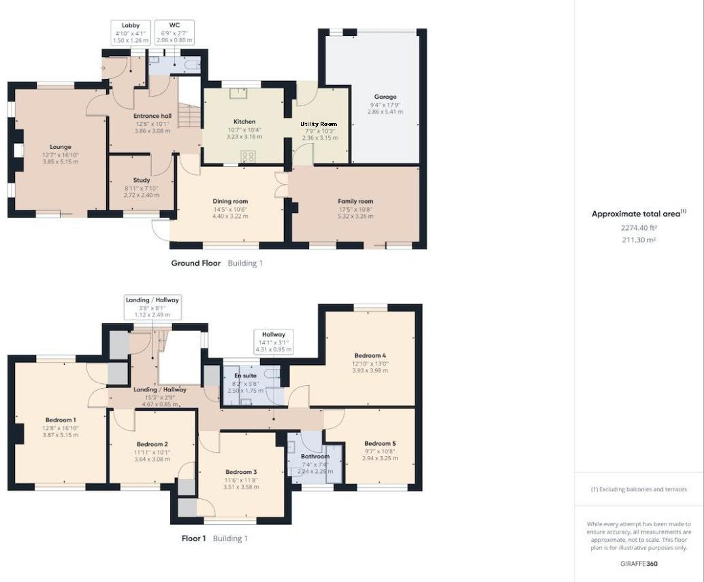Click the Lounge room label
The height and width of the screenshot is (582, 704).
pos(60,146)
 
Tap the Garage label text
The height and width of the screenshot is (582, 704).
pos(385,97)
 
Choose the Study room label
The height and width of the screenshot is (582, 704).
pos(142,180)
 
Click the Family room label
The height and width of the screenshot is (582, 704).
pos(355,201)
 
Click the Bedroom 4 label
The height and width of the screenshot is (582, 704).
pos(370,355)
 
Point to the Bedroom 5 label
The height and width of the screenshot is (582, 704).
pos(379,443)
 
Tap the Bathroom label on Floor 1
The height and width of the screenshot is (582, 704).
pos(315,457)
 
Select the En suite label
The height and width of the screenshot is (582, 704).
pos(245,376)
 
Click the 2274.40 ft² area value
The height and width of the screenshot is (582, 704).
pos(638,228)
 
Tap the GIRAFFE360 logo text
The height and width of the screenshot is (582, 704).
pos(638,564)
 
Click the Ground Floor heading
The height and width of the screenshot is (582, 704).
pos(195,263)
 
